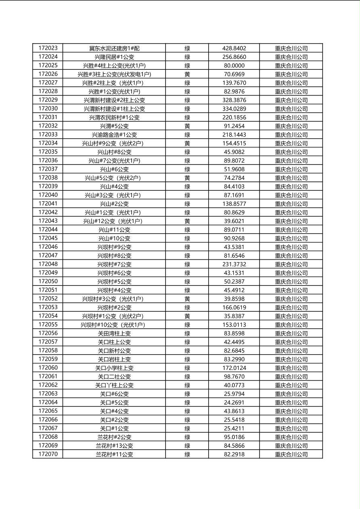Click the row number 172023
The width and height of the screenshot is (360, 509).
pyautogui.click(x=48, y=48)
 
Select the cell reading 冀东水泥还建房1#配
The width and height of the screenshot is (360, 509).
pyautogui.click(x=114, y=48)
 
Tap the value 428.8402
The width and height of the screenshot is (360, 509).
pyautogui.click(x=234, y=48)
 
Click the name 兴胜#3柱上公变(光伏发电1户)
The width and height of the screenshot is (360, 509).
pyautogui.click(x=114, y=74)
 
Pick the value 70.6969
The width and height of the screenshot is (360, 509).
pyautogui.click(x=234, y=74)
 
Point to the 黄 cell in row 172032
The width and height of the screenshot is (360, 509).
pyautogui.click(x=187, y=126)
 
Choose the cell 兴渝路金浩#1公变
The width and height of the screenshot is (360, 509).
pyautogui.click(x=114, y=135)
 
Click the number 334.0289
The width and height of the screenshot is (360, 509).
pyautogui.click(x=234, y=109)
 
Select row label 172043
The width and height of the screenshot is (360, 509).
pyautogui.click(x=48, y=221)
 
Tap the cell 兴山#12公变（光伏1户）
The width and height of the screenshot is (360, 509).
pyautogui.click(x=114, y=221)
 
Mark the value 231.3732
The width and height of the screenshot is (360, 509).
pyautogui.click(x=234, y=264)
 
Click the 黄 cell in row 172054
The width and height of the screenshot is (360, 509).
pyautogui.click(x=187, y=316)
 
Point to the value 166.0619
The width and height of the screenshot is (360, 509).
pyautogui.click(x=234, y=307)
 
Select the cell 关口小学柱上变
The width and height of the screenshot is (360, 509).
pyautogui.click(x=114, y=368)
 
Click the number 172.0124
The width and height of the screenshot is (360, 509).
pyautogui.click(x=234, y=368)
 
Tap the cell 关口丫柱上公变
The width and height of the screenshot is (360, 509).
pyautogui.click(x=114, y=385)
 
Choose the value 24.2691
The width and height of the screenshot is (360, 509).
pyautogui.click(x=234, y=403)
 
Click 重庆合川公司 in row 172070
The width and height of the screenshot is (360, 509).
pyautogui.click(x=291, y=455)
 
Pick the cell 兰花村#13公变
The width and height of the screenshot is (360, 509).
pyautogui.click(x=114, y=446)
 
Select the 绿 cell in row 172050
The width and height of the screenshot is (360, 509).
pyautogui.click(x=187, y=282)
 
